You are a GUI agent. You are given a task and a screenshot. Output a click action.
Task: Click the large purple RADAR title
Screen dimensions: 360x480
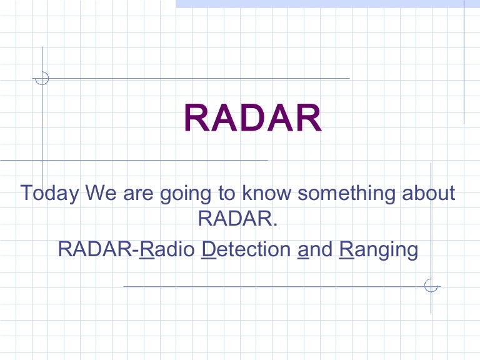(252, 119)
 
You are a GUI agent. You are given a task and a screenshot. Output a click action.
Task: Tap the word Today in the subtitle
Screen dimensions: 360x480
(50, 193)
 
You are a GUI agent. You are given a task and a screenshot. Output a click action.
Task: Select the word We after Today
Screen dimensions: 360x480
(102, 193)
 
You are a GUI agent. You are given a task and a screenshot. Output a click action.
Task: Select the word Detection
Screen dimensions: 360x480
(247, 249)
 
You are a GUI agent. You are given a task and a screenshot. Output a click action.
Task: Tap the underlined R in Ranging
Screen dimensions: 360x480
(346, 249)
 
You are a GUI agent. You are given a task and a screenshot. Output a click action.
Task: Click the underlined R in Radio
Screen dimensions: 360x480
(146, 249)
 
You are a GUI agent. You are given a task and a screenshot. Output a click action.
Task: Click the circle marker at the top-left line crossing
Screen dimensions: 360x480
(42, 78)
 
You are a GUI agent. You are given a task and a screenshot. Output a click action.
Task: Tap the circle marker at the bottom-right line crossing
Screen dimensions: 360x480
(431, 286)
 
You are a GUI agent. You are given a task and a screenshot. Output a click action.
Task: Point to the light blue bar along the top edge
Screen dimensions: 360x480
(325, 4)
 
